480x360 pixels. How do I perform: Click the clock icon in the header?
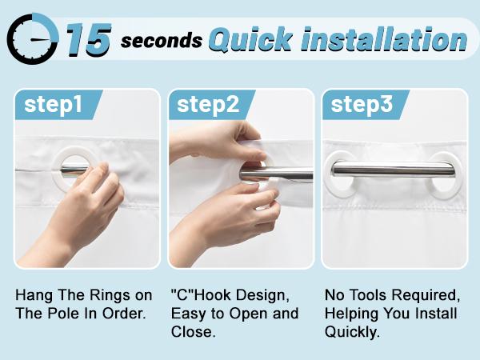(33, 39)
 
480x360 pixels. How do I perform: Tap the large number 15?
(89, 40)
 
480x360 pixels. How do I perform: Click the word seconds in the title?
(162, 41)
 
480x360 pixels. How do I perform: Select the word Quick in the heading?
(250, 40)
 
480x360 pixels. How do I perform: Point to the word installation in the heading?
(384, 39)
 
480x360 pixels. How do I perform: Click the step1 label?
(54, 104)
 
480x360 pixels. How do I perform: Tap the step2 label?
(208, 104)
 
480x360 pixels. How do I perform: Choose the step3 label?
(362, 104)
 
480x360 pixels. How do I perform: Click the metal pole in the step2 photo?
(276, 174)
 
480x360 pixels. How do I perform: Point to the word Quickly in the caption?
(352, 332)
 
